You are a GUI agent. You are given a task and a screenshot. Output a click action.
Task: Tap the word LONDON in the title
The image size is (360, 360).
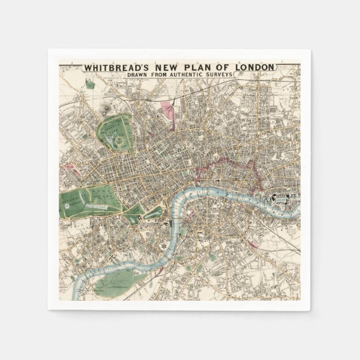pyautogui.click(x=255, y=68)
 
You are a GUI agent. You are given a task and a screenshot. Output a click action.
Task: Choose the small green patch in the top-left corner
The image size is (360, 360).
pyautogui.click(x=89, y=84)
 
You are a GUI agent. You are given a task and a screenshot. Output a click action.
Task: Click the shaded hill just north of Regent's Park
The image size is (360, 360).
pyautogui.click(x=106, y=107)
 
